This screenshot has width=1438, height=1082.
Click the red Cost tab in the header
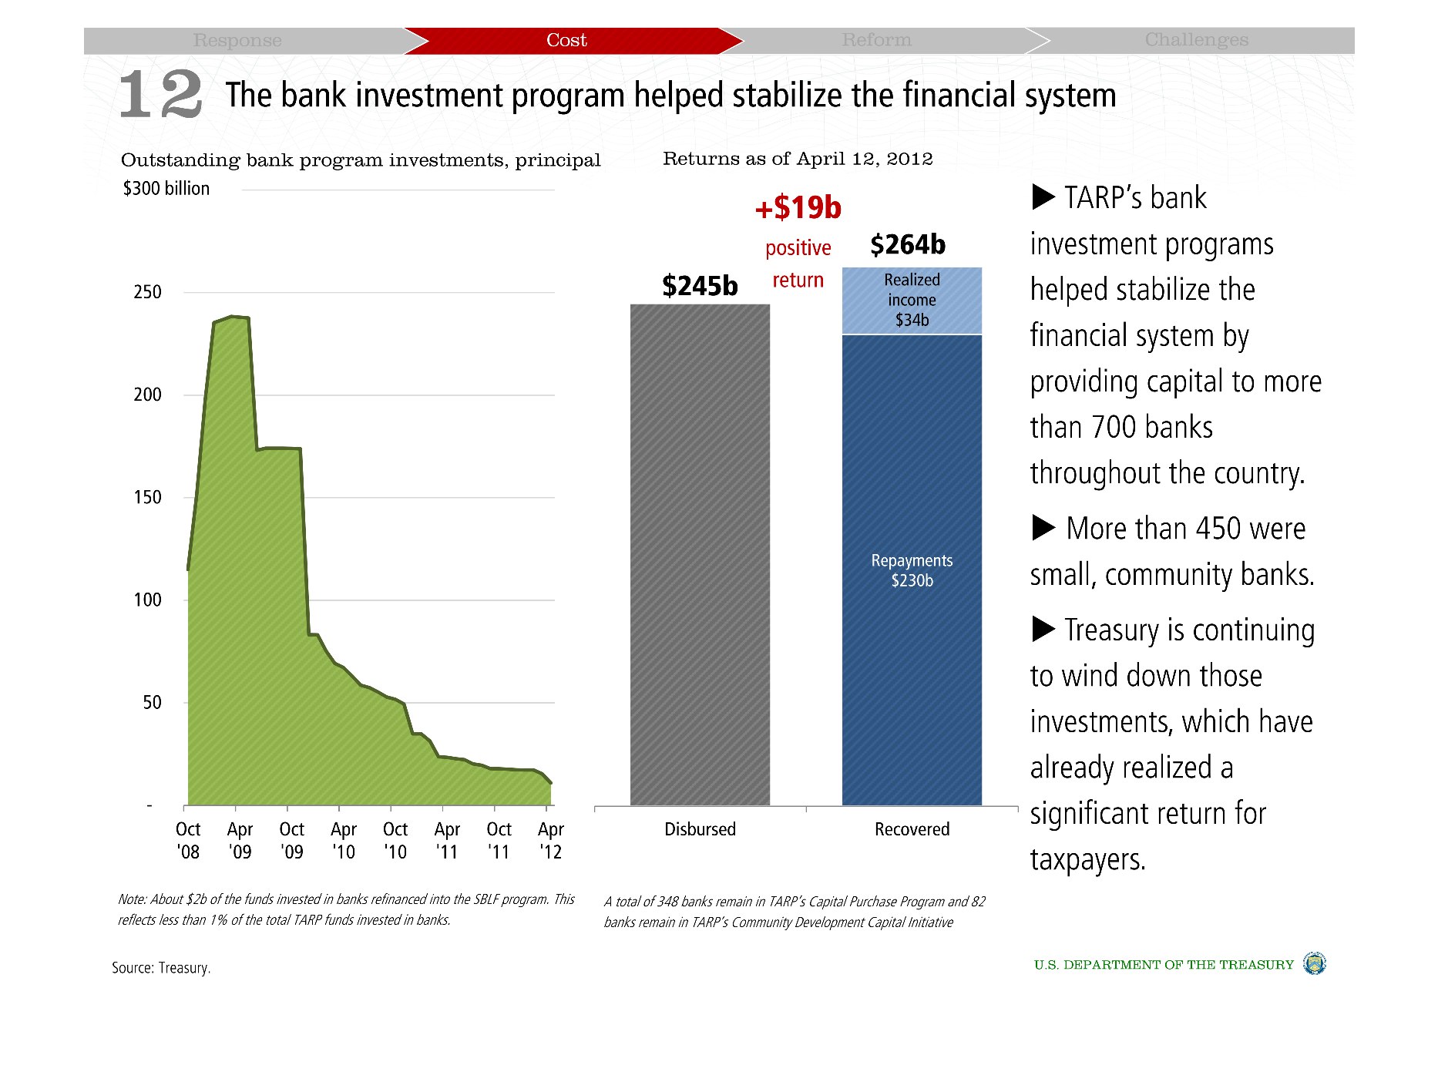pyautogui.click(x=566, y=40)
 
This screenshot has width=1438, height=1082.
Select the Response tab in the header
pyautogui.click(x=237, y=40)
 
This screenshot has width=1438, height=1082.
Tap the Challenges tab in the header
pyautogui.click(x=1196, y=40)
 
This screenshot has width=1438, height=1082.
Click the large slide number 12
pyautogui.click(x=161, y=95)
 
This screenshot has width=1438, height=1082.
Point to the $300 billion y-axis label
pyautogui.click(x=166, y=189)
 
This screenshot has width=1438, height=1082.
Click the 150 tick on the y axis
pyautogui.click(x=147, y=498)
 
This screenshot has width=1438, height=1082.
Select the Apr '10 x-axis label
pyautogui.click(x=344, y=840)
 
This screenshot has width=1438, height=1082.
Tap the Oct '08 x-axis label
pyautogui.click(x=188, y=840)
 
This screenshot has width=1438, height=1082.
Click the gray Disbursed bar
pyautogui.click(x=700, y=555)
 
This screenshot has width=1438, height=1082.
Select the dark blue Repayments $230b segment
pyautogui.click(x=912, y=570)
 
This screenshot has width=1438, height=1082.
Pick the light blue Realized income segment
pyautogui.click(x=912, y=301)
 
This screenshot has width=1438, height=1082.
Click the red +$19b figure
pyautogui.click(x=798, y=208)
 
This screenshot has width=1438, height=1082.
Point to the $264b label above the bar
pyautogui.click(x=908, y=245)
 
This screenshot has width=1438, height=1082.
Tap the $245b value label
pyautogui.click(x=700, y=287)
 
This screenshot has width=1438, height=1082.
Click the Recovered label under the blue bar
pyautogui.click(x=912, y=829)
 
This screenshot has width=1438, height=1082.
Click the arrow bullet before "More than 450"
pyautogui.click(x=1043, y=528)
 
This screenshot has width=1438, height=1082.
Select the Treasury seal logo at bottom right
pyautogui.click(x=1314, y=963)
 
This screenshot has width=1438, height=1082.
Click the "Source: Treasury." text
pyautogui.click(x=161, y=968)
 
